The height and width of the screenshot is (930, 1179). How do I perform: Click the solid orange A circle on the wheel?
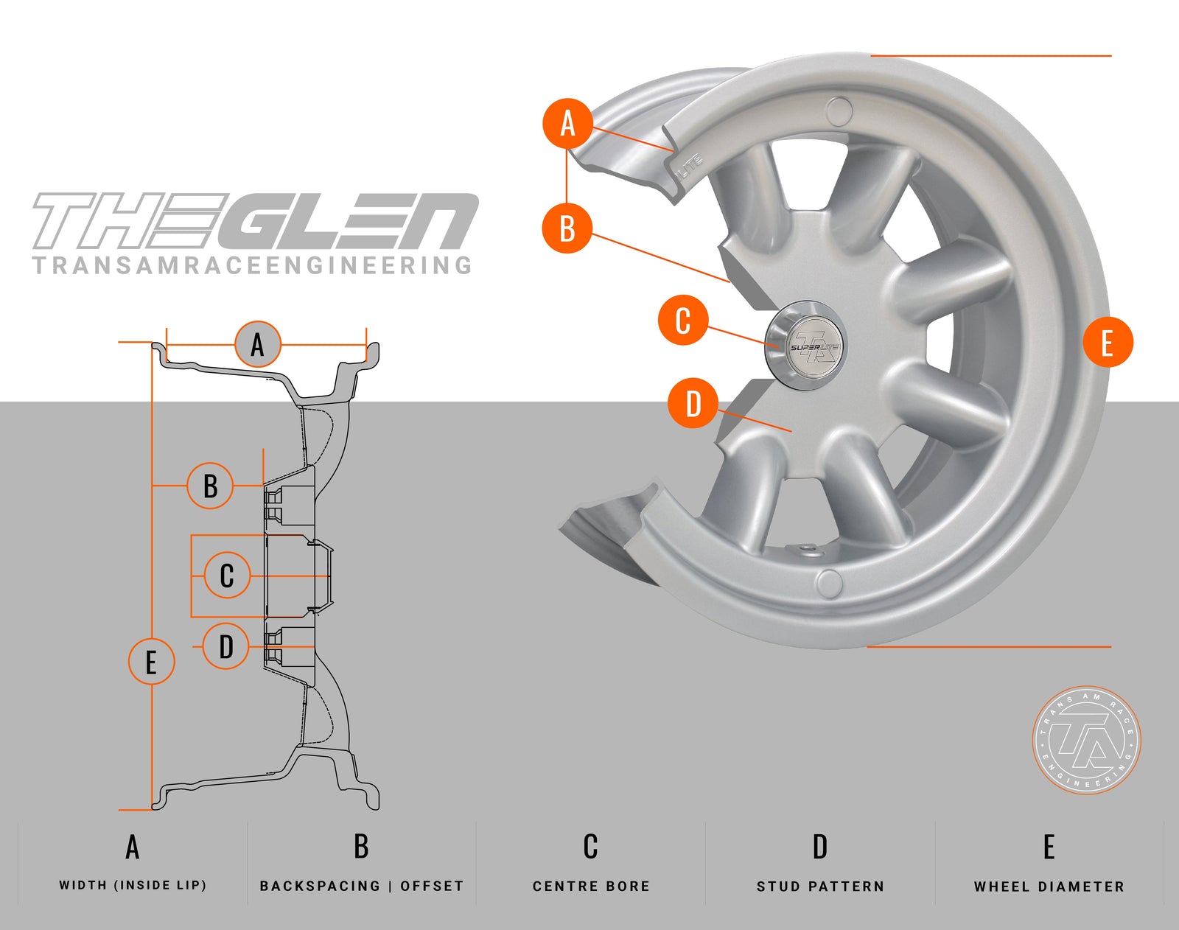(567, 123)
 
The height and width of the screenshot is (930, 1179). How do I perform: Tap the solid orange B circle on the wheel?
(567, 228)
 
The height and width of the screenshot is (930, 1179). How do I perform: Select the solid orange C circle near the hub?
(683, 321)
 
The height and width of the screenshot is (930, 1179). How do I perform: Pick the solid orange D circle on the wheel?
(693, 404)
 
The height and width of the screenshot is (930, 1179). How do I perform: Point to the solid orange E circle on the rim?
(1108, 342)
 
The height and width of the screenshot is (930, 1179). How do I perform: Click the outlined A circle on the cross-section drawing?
(258, 344)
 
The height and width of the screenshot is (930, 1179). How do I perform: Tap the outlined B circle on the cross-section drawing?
(210, 486)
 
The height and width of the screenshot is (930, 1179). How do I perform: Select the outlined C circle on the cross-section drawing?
(227, 576)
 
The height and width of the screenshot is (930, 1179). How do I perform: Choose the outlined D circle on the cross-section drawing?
(225, 646)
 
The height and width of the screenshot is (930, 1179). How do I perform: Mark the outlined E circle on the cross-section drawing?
(151, 661)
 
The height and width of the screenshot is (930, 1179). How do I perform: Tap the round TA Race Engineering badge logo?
(1087, 740)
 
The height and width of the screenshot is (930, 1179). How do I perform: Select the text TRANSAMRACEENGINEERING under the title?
(252, 265)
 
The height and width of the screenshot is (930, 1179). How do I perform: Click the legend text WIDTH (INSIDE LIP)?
(133, 885)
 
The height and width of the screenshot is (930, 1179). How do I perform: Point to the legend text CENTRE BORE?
(591, 886)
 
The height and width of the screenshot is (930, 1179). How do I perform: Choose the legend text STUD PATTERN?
(820, 886)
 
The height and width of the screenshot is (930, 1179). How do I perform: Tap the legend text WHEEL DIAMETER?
(1049, 886)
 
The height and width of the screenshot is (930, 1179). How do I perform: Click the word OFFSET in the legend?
(432, 886)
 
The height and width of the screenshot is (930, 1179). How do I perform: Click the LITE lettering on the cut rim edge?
(690, 166)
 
